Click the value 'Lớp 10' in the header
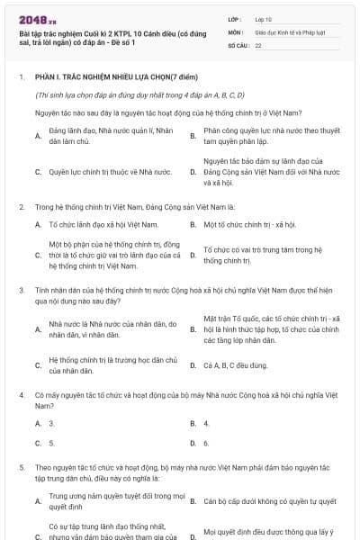(x=265, y=19)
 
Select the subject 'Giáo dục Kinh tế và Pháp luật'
(x=289, y=31)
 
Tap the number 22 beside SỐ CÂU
(x=258, y=44)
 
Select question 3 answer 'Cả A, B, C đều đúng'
(x=236, y=365)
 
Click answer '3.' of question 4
(x=51, y=423)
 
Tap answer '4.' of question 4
(x=206, y=423)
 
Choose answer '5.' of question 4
(x=51, y=443)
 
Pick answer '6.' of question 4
(x=206, y=443)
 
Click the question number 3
(x=22, y=290)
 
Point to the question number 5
(x=22, y=468)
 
